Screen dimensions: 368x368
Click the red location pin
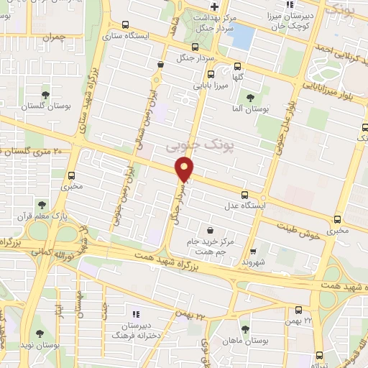click(x=185, y=170)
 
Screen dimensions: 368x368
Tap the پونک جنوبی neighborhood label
click(x=190, y=144)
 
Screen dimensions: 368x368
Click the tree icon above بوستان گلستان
click(x=46, y=94)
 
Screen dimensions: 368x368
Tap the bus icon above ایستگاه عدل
click(x=246, y=194)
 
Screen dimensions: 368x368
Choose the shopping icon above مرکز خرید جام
click(x=209, y=230)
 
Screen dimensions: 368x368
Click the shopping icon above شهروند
click(x=253, y=252)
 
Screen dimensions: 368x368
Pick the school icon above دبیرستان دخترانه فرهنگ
click(x=136, y=313)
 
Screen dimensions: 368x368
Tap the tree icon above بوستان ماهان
click(x=246, y=328)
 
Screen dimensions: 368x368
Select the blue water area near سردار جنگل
click(x=242, y=36)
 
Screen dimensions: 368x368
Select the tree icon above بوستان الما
click(x=250, y=98)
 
